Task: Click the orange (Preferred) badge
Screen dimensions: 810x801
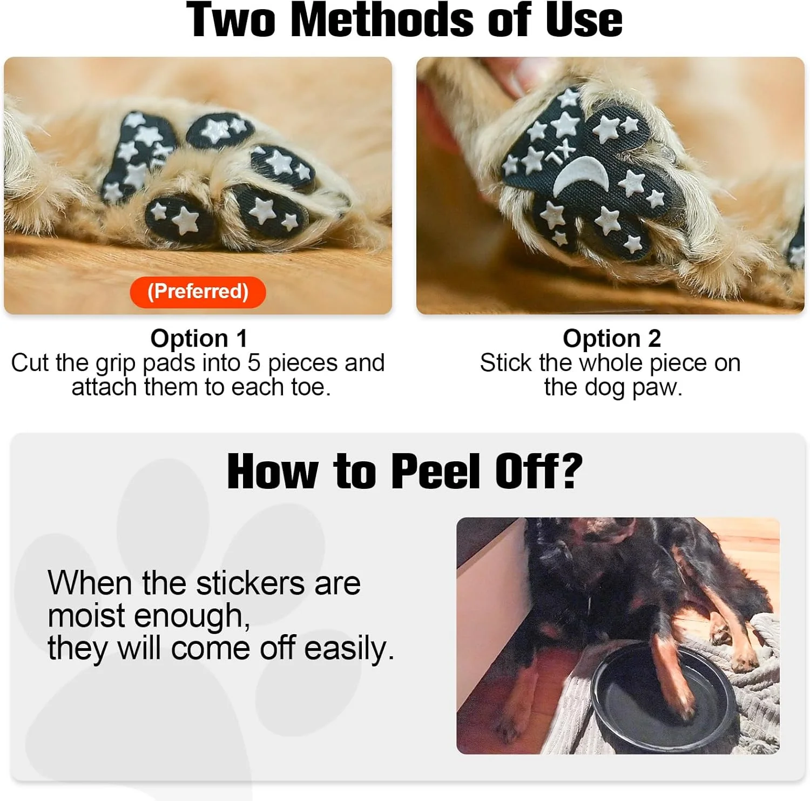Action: [198, 292]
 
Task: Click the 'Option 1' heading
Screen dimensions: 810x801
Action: [199, 339]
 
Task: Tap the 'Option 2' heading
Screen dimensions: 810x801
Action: [612, 339]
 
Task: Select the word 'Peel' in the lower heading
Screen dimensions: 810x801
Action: [435, 472]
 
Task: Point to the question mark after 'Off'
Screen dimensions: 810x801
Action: [570, 472]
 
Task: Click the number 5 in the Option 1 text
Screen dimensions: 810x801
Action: [254, 363]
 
